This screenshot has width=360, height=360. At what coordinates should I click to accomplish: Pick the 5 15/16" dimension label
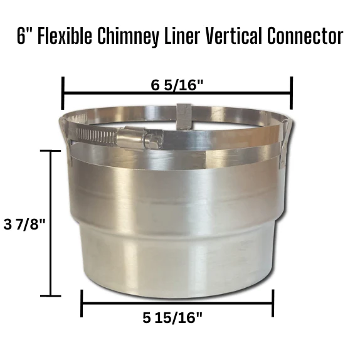coord(172,318)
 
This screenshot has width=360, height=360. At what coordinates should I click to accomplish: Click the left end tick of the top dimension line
coord(63,93)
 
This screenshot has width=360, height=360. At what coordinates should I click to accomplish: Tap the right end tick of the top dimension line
coord(292,93)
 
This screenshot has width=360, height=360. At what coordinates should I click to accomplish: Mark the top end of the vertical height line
coord(50,151)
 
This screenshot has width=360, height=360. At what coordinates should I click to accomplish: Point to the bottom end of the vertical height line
coord(50,295)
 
